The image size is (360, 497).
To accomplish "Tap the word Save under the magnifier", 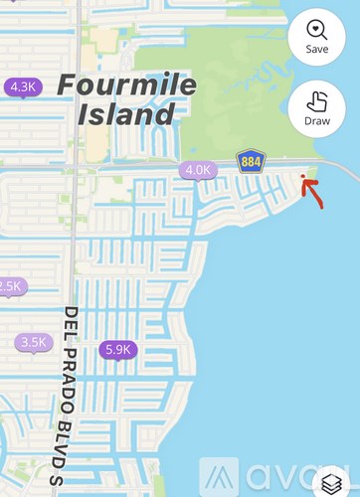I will (x=317, y=49).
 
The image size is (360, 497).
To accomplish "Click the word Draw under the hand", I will (x=317, y=120).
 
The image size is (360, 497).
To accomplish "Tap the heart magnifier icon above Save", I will (x=317, y=29).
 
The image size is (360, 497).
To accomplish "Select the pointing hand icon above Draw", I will (x=317, y=100).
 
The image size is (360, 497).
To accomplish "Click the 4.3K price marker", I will (x=22, y=87).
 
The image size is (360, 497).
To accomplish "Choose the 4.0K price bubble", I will (x=198, y=170).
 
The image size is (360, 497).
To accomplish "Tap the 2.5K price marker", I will (x=9, y=286).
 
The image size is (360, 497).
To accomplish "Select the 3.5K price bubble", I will (x=34, y=342).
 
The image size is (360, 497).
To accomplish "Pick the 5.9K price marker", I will (x=117, y=349).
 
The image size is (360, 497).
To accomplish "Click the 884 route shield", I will (x=250, y=161).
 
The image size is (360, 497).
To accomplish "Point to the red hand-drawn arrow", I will (x=312, y=192).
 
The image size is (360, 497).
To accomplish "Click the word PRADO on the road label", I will (x=72, y=370).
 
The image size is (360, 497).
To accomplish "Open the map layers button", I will (x=334, y=483).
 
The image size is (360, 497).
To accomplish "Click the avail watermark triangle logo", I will (x=220, y=478).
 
